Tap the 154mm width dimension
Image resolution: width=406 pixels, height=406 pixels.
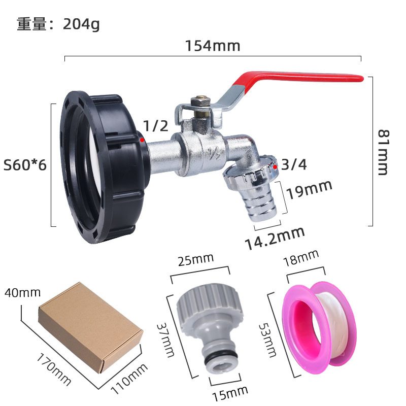pyautogui.click(x=212, y=46)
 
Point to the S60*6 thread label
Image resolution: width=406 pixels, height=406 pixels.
pyautogui.click(x=25, y=165)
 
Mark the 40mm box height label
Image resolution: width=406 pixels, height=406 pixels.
pyautogui.click(x=22, y=293)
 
